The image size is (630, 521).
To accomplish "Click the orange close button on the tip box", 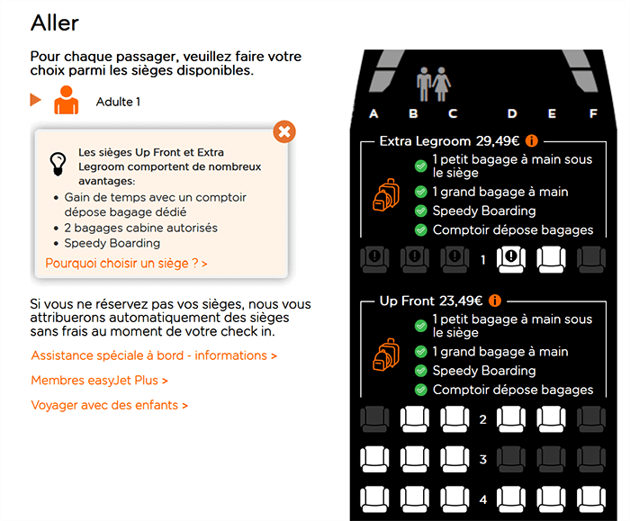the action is click(x=284, y=131).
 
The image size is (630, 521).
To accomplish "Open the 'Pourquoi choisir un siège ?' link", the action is click(x=126, y=264).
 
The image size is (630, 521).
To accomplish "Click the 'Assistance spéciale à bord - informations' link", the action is click(x=154, y=355).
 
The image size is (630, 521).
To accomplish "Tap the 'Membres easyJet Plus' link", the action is click(x=99, y=381).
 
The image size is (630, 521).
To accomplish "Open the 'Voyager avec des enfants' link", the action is click(x=109, y=405).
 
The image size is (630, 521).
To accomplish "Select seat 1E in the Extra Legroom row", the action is click(x=551, y=259).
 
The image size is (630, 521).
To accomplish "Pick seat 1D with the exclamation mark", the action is click(x=510, y=259).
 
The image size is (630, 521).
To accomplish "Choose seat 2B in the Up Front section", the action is click(x=415, y=419).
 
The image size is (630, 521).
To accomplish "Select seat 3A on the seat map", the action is click(x=374, y=459).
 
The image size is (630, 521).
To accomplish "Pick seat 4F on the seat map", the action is click(x=591, y=499).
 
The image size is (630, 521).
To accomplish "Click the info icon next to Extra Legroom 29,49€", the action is click(x=532, y=141).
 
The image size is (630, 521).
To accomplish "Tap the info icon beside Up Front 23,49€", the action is click(x=495, y=301).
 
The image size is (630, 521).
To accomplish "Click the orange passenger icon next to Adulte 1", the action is click(x=67, y=100).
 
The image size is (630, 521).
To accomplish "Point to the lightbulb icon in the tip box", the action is click(x=58, y=164).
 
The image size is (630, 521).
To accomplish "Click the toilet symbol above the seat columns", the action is click(x=434, y=84).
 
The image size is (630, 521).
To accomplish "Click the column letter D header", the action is click(x=512, y=113).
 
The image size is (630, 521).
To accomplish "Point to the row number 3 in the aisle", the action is click(x=483, y=459).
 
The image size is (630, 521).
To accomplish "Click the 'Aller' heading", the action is click(x=55, y=22).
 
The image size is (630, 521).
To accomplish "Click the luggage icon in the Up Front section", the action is click(x=386, y=355).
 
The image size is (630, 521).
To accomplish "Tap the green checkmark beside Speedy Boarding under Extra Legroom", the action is click(x=420, y=211).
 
